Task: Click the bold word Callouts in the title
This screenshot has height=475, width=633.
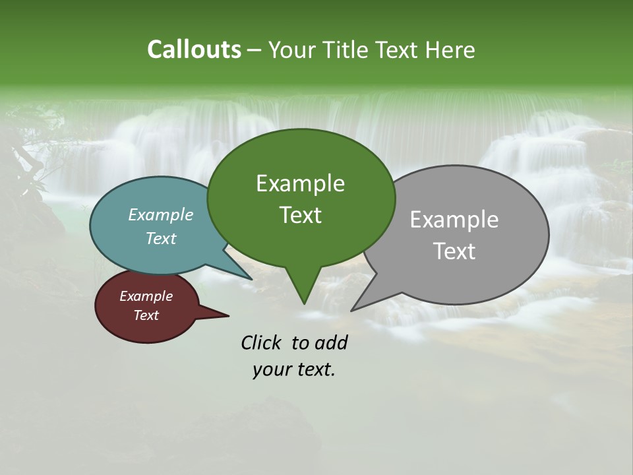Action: (194, 49)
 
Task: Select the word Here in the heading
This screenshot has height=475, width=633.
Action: (452, 49)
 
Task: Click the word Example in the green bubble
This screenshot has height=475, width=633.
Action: (300, 183)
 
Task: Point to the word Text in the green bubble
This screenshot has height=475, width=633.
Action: (300, 215)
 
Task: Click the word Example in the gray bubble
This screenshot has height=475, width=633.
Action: (454, 220)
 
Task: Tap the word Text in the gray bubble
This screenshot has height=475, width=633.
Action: (454, 251)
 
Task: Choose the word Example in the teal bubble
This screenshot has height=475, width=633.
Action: (161, 214)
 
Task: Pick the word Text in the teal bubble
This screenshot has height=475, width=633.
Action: (161, 238)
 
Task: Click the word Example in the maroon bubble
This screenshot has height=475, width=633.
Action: (146, 296)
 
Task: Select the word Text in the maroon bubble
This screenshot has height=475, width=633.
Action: (146, 315)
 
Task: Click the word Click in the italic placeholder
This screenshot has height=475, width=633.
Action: (261, 342)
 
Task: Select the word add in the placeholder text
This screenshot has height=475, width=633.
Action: (331, 342)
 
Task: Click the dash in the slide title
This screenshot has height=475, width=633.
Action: (255, 50)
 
